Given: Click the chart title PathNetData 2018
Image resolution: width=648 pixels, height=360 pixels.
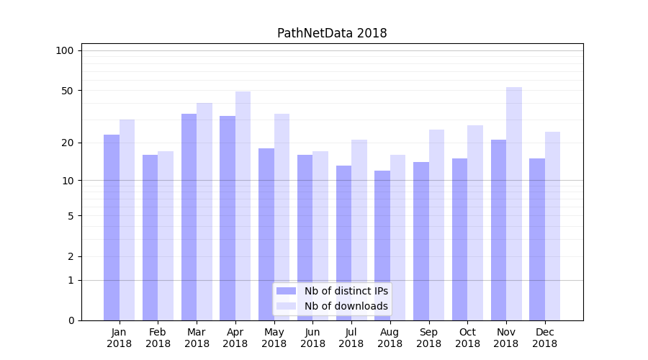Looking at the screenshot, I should [332, 33].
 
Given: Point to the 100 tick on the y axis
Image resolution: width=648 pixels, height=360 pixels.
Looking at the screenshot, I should [65, 50].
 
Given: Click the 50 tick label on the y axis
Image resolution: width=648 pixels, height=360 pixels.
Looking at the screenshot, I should [67, 91].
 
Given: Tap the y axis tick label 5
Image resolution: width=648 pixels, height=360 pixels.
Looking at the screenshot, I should [70, 215].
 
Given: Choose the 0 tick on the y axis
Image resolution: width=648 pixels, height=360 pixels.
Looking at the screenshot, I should [70, 320].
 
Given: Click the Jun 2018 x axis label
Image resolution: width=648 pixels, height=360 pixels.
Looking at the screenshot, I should [312, 338].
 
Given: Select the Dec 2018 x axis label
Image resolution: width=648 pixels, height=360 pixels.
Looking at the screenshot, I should [544, 338].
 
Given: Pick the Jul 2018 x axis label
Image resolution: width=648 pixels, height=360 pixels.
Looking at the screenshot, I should [351, 338].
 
